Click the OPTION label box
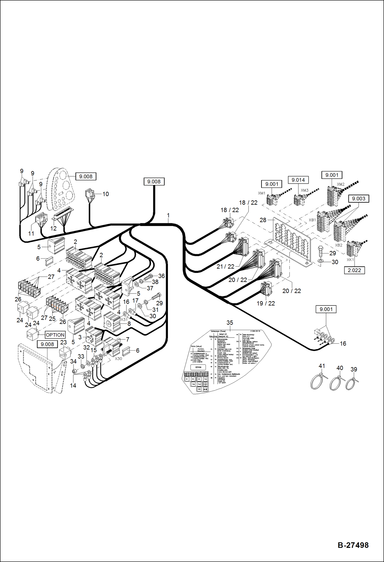click(55, 335)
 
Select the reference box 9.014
click(298, 180)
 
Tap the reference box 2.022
click(354, 270)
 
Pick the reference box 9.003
click(359, 199)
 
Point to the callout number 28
click(263, 220)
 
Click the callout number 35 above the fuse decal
click(230, 323)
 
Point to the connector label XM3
click(305, 190)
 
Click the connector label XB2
click(339, 245)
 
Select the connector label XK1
click(350, 260)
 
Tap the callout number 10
click(106, 194)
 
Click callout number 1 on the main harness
click(168, 215)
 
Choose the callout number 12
click(53, 228)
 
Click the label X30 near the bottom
click(118, 358)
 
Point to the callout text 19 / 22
click(266, 303)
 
